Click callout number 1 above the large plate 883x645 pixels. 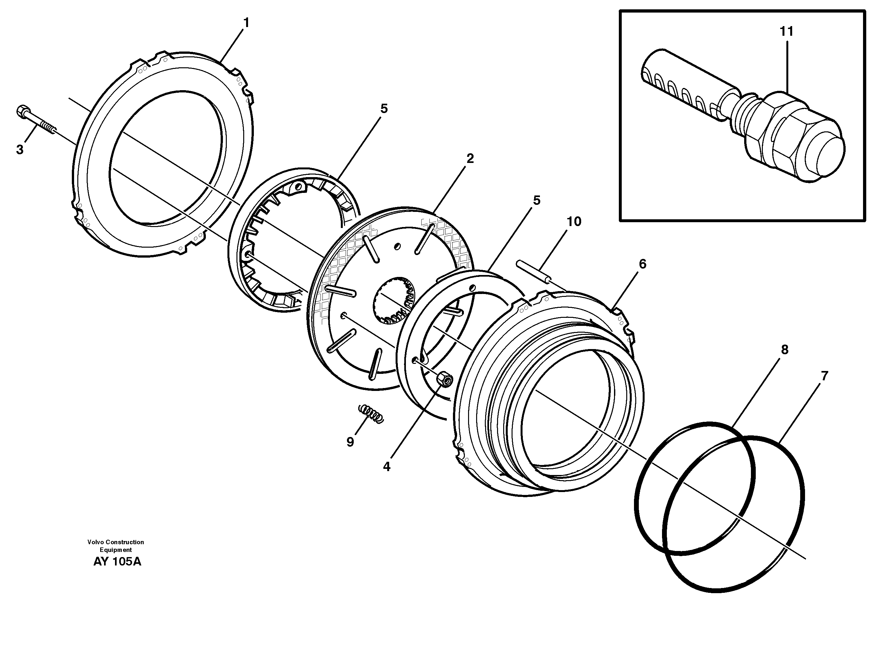tap(246, 23)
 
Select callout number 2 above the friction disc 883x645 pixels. tap(470, 158)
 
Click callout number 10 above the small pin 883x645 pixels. tap(574, 222)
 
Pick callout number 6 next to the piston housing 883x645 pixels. tap(642, 264)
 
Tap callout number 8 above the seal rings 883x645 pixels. tap(785, 349)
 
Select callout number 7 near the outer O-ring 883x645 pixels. tap(824, 376)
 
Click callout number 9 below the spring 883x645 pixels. tap(350, 442)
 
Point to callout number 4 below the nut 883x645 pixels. tap(387, 467)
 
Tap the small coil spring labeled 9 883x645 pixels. tap(371, 413)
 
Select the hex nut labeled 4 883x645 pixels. tap(445, 379)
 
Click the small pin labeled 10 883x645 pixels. tap(533, 270)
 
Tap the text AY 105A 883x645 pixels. tap(117, 562)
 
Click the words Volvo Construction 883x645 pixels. tap(116, 542)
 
